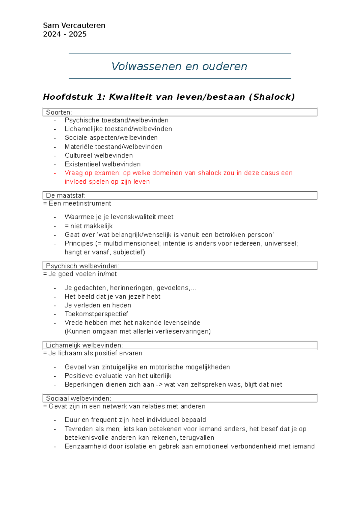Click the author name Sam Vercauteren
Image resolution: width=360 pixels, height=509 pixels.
click(74, 26)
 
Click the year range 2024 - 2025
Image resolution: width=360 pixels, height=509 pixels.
click(65, 34)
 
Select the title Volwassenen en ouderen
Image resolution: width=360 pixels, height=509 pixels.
click(179, 66)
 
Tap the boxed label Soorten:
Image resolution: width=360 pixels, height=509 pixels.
click(59, 112)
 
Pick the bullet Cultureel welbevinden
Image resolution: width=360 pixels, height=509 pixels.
click(99, 155)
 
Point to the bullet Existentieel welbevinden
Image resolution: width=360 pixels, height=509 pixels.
click(103, 164)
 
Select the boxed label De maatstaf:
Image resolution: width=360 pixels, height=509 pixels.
click(65, 195)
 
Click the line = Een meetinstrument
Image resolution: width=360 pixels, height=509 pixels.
click(77, 203)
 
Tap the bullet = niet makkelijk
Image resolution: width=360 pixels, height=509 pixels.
click(88, 226)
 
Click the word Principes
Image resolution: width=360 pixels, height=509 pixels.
click(79, 243)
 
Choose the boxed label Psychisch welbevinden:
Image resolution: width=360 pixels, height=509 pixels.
click(82, 266)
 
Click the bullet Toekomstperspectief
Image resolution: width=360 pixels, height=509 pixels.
click(96, 314)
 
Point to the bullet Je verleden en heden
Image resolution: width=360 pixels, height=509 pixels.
click(98, 305)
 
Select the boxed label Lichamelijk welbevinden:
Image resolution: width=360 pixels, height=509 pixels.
click(84, 345)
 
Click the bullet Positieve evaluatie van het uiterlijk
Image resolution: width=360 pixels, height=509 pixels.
click(118, 376)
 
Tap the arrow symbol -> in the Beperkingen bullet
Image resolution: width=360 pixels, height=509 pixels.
click(159, 385)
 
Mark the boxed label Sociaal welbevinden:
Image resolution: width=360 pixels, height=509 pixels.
click(79, 398)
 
